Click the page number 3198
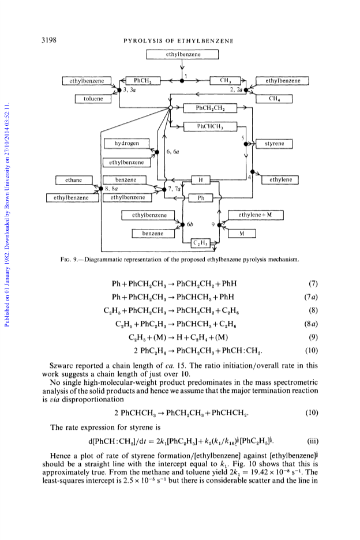[x=49, y=40]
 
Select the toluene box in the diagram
[x=93, y=99]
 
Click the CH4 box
[x=274, y=99]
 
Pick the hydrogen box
[x=127, y=143]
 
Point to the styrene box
[x=274, y=144]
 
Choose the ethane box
[x=74, y=180]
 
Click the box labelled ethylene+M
[x=256, y=215]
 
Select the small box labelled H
[x=201, y=180]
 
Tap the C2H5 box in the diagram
[x=201, y=243]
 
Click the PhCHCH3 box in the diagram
[x=210, y=126]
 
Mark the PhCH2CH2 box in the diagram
[x=210, y=108]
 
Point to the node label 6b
[x=190, y=224]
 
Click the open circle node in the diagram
[x=170, y=108]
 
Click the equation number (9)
[x=313, y=337]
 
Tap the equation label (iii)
[x=313, y=441]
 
